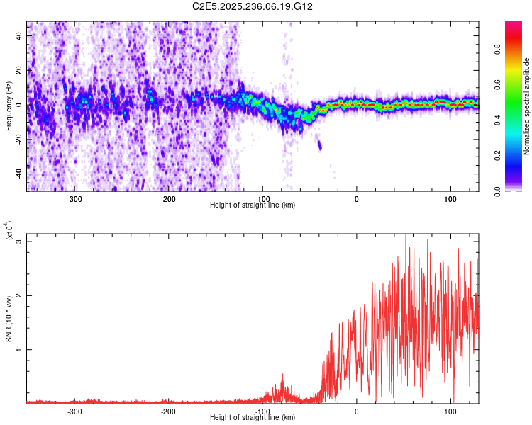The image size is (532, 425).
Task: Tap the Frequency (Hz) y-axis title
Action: [x=9, y=106]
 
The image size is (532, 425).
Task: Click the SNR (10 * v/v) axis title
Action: [x=9, y=319]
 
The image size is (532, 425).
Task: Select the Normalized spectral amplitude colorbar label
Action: [x=526, y=106]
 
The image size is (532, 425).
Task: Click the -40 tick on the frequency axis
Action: [x=18, y=174]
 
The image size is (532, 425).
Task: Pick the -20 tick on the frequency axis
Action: [x=18, y=140]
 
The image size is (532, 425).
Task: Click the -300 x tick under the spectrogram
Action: [x=74, y=198]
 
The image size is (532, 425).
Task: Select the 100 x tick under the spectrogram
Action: [x=450, y=198]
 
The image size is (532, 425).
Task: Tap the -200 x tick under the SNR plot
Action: [x=168, y=411]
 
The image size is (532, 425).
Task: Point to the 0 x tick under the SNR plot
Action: [x=356, y=411]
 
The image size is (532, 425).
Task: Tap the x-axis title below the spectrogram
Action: [x=253, y=205]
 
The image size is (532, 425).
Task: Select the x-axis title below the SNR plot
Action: [x=253, y=418]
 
